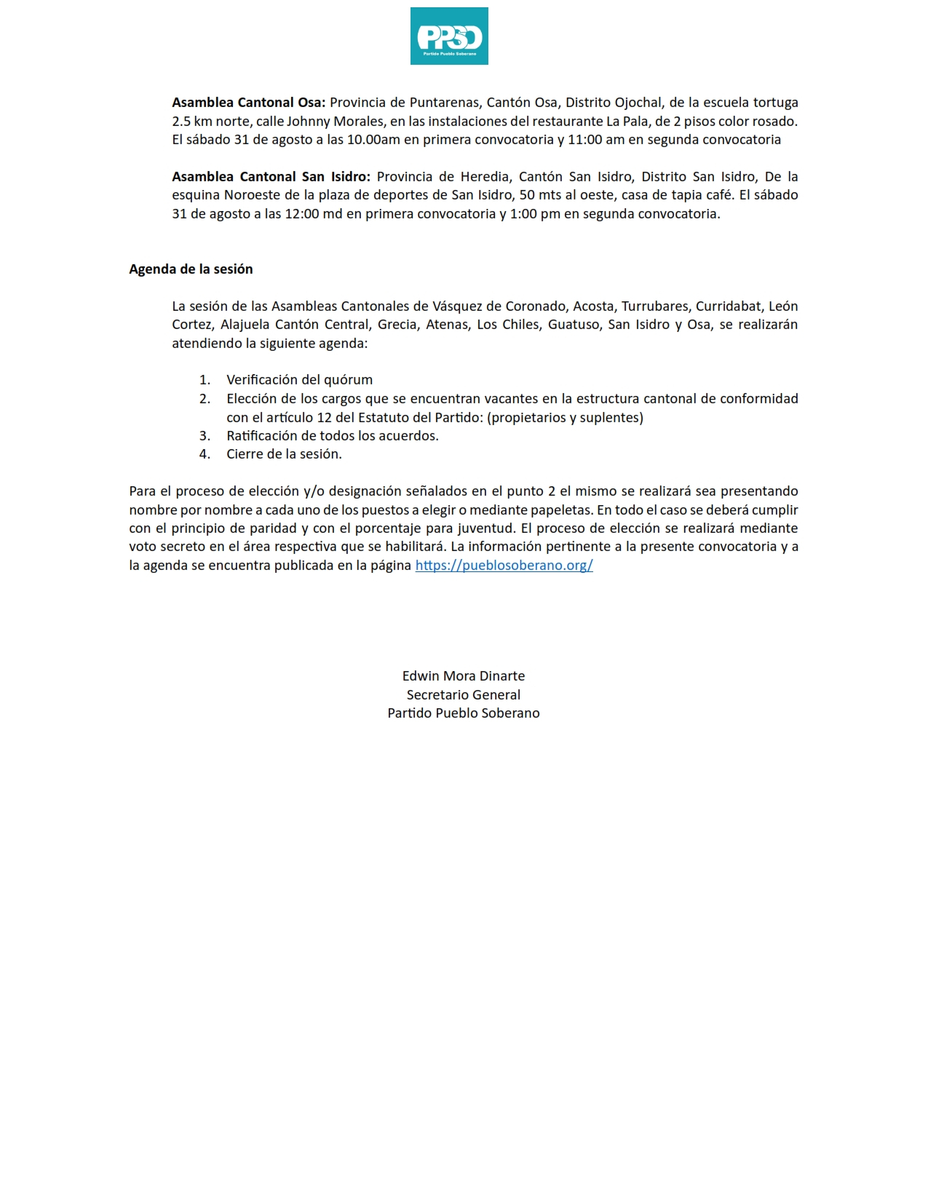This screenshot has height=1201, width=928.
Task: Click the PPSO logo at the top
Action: tap(449, 36)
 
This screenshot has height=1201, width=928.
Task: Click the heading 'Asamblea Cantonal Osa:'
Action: tap(248, 103)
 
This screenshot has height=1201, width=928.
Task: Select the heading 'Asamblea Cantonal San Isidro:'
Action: tap(271, 177)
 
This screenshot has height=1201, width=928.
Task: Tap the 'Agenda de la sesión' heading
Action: tap(191, 269)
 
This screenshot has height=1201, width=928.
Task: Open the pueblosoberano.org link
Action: tap(504, 566)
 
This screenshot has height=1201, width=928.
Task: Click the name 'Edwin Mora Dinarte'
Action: tap(464, 676)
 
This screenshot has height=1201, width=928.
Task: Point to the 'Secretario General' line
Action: tap(464, 695)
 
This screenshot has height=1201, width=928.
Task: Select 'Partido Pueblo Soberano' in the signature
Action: tap(464, 713)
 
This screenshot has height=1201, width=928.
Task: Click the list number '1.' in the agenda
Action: tap(205, 380)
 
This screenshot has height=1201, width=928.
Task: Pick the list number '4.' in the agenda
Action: tap(205, 454)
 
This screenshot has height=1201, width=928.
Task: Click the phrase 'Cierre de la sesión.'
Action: tap(284, 454)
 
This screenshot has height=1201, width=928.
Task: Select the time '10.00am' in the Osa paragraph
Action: tap(373, 140)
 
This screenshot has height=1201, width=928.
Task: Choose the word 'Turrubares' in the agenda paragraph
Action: tap(654, 306)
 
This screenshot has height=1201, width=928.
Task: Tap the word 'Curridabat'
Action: tap(729, 306)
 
